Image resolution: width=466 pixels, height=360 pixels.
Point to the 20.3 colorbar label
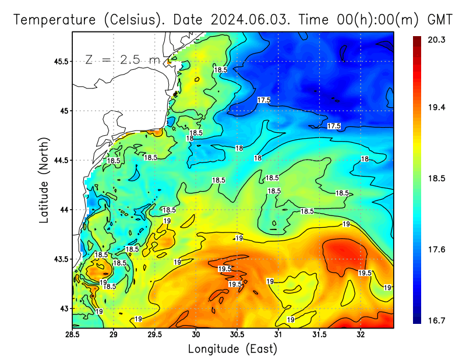tap(437, 40)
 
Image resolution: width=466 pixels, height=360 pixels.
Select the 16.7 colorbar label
tap(437, 320)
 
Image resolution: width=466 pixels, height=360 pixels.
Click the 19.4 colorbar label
tap(437, 107)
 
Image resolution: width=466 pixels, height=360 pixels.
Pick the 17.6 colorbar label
tap(437, 249)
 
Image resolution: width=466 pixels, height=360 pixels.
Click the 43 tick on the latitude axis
tap(63, 308)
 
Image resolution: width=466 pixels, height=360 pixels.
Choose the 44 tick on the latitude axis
tap(63, 210)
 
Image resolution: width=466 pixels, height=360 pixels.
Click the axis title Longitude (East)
tap(232, 349)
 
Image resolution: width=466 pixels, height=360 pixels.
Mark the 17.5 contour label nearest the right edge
tap(334, 126)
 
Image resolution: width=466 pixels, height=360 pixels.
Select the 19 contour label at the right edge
tap(387, 287)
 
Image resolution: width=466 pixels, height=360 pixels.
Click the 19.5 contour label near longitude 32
tap(365, 273)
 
